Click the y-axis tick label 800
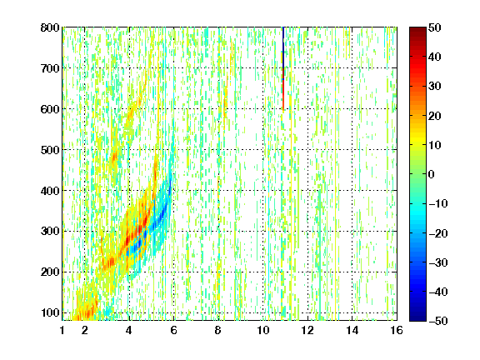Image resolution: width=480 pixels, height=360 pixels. tap(50, 27)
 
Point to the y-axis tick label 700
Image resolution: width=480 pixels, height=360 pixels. tap(50, 68)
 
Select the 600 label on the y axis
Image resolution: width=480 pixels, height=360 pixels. tap(50, 109)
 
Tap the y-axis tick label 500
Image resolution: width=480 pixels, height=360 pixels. tap(50, 150)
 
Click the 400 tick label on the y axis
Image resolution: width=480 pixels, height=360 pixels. tap(50, 191)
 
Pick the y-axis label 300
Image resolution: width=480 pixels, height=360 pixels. tap(50, 231)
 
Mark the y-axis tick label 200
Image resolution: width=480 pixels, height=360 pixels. tap(50, 272)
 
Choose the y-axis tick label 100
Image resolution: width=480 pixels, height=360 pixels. tap(50, 312)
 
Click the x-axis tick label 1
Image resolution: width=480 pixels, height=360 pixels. tap(62, 330)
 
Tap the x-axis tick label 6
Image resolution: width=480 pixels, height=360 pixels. tap(174, 330)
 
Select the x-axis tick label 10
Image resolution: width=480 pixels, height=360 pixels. tap(263, 330)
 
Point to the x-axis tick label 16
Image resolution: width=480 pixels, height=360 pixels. tap(397, 330)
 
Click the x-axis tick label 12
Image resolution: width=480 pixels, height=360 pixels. tap(307, 330)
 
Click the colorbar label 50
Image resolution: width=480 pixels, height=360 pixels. tap(435, 27)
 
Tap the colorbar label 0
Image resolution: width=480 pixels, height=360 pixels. tap(432, 174)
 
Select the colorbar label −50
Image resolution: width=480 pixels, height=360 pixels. tap(438, 321)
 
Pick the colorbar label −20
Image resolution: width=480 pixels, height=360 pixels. tap(438, 233)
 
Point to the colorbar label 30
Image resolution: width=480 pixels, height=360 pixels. tap(435, 87)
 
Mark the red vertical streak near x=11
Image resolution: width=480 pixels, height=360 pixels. tap(283, 95)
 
